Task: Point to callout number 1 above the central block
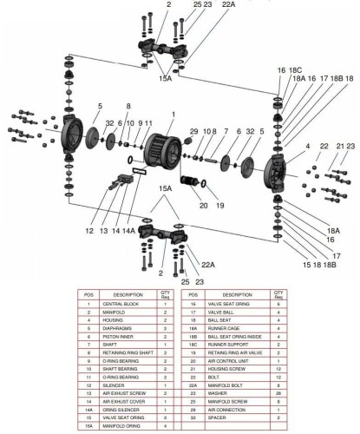(x=173, y=114)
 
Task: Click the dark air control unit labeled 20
(x=190, y=185)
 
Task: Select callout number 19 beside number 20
(x=220, y=206)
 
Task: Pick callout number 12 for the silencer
(x=88, y=231)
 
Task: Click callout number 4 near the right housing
(x=282, y=148)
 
